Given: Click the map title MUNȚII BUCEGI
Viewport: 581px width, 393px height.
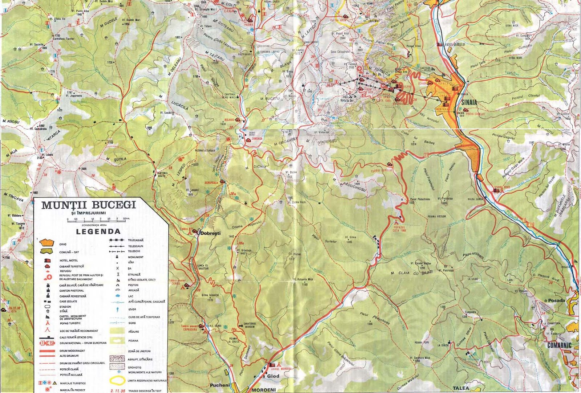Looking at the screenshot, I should coord(89,205).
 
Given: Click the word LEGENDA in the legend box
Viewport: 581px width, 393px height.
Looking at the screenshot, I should coord(98,232).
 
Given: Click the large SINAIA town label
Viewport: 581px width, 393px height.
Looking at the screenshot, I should coord(468,103).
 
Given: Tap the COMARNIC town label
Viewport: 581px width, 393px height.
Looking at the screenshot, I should coord(559,345).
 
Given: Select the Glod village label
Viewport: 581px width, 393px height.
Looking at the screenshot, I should coord(273,376).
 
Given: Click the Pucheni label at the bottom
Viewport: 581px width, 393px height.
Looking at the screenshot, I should coord(220,385).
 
